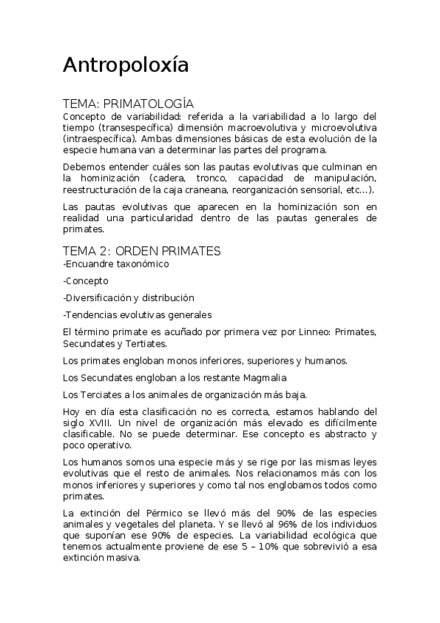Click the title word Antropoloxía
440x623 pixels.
pos(126,65)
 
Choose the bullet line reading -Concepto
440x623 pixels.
pos(86,281)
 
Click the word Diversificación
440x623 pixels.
pos(98,298)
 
